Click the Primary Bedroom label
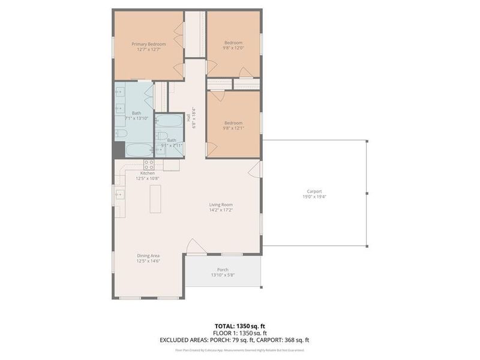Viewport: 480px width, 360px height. (149, 44)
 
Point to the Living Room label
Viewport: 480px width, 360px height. (221, 205)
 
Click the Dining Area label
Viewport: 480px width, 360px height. (148, 255)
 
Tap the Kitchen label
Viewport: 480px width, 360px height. (148, 173)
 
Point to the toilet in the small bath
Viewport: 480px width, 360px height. (160, 136)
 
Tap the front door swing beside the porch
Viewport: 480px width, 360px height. (195, 247)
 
